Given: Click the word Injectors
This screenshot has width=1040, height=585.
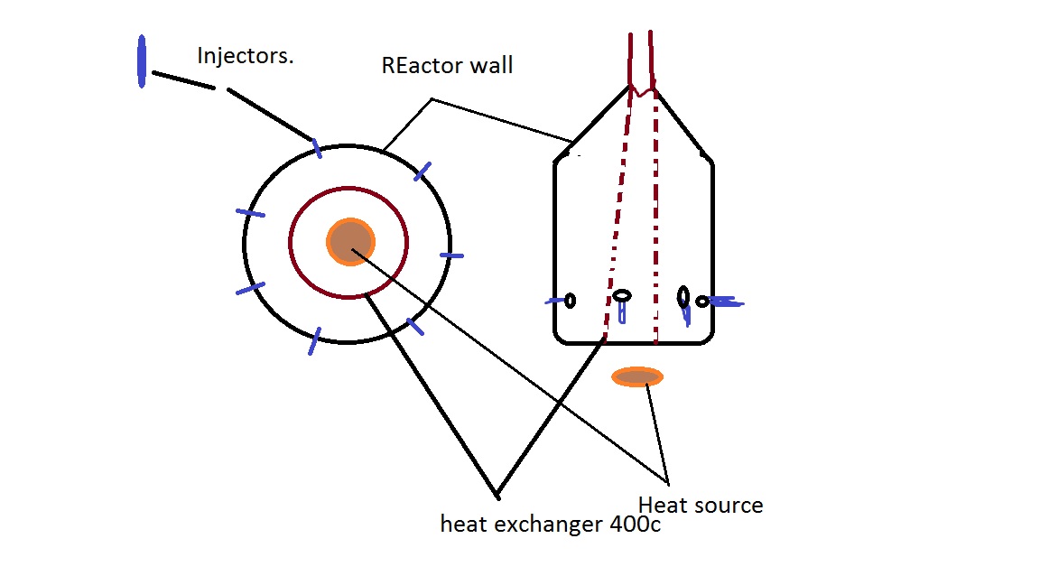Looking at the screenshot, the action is pyautogui.click(x=246, y=56).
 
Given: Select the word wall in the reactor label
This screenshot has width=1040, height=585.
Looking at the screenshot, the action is pyautogui.click(x=491, y=65).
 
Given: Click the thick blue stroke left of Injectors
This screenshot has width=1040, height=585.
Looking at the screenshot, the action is pyautogui.click(x=141, y=61).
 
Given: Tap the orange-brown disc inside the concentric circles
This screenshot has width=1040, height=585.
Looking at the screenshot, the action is pyautogui.click(x=351, y=242).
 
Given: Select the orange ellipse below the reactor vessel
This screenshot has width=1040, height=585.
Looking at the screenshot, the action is pyautogui.click(x=637, y=377).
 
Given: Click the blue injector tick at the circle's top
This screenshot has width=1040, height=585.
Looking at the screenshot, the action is pyautogui.click(x=317, y=149).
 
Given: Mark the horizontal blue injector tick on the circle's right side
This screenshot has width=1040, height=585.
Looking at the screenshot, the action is pyautogui.click(x=451, y=255).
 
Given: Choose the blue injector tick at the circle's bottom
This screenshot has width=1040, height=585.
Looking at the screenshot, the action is pyautogui.click(x=314, y=341).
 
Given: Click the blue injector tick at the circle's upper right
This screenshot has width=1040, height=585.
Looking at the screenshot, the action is pyautogui.click(x=422, y=172).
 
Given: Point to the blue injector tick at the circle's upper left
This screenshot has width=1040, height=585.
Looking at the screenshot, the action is pyautogui.click(x=251, y=213).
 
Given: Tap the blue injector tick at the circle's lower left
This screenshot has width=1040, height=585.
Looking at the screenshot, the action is pyautogui.click(x=251, y=289).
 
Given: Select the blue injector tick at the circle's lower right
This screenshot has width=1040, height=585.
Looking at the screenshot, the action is pyautogui.click(x=415, y=326).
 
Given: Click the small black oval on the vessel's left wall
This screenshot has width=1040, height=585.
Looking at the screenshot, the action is pyautogui.click(x=570, y=302).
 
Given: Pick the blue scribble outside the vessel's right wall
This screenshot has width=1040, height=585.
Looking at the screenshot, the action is pyautogui.click(x=726, y=302).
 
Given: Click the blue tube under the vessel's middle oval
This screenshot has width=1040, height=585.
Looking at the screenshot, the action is pyautogui.click(x=621, y=312).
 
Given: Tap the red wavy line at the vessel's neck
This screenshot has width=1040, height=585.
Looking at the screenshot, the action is pyautogui.click(x=642, y=91).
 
